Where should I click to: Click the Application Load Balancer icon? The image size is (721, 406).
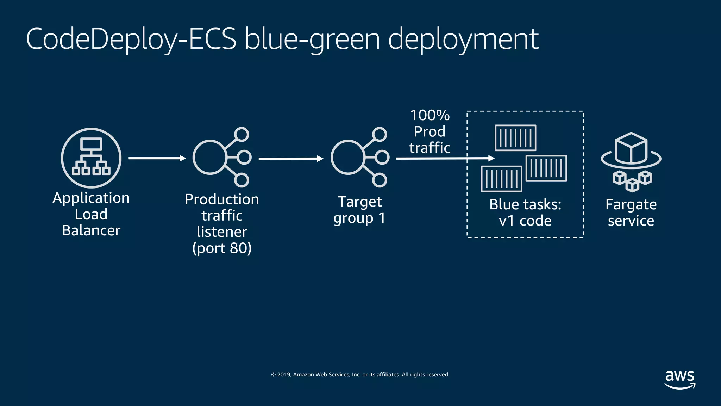pyautogui.click(x=91, y=158)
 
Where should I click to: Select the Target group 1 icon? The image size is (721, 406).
pyautogui.click(x=359, y=157)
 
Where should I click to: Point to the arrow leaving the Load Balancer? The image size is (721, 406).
pyautogui.click(x=157, y=158)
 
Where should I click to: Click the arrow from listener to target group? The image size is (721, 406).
pyautogui.click(x=291, y=159)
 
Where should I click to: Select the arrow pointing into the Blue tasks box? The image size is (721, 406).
pyautogui.click(x=445, y=158)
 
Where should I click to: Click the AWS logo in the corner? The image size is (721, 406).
pyautogui.click(x=680, y=380)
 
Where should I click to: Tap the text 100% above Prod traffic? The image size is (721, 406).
pyautogui.click(x=430, y=115)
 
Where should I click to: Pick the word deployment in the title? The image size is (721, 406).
pyautogui.click(x=463, y=39)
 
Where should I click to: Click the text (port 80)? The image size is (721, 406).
pyautogui.click(x=222, y=248)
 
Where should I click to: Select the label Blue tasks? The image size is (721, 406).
pyautogui.click(x=525, y=204)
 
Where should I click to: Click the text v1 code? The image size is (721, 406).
pyautogui.click(x=525, y=221)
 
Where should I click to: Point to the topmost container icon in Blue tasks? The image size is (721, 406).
pyautogui.click(x=515, y=138)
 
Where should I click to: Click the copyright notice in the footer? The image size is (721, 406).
pyautogui.click(x=360, y=374)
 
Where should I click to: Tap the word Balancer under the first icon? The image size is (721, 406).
pyautogui.click(x=91, y=230)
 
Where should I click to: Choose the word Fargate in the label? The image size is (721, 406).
pyautogui.click(x=631, y=205)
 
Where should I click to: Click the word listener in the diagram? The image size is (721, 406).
pyautogui.click(x=222, y=232)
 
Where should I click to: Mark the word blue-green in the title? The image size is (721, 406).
pyautogui.click(x=312, y=39)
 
